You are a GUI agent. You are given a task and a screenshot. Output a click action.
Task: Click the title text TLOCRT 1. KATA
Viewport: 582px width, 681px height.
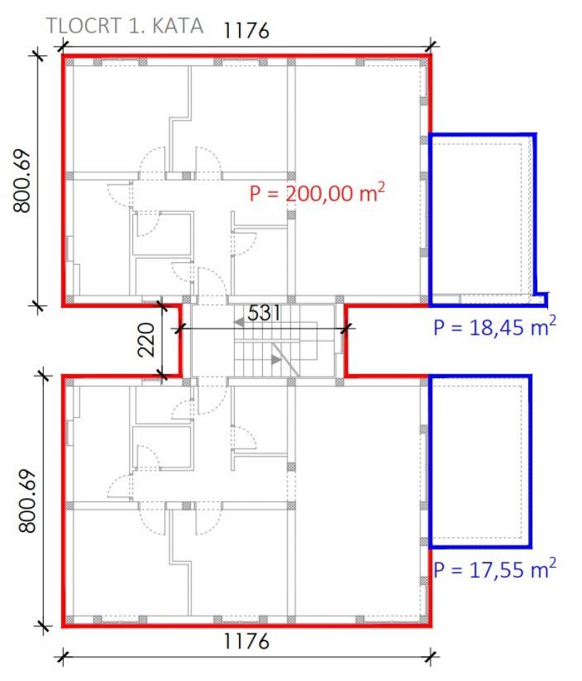point(125,26)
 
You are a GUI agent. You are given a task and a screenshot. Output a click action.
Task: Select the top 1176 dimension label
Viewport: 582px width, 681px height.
point(246,31)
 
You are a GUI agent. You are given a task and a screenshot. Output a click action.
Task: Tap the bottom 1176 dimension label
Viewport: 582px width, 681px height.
point(246,641)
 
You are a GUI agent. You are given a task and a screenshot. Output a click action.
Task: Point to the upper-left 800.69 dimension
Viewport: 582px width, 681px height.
point(23,181)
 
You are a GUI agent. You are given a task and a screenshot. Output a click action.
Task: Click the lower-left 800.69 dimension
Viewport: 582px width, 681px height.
point(28,501)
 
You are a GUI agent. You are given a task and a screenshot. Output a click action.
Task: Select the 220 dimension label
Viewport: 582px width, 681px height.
point(146,340)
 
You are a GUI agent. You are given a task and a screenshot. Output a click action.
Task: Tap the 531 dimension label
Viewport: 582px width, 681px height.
point(264,313)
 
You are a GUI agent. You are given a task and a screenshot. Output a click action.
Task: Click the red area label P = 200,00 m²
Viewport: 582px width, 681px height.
point(318,192)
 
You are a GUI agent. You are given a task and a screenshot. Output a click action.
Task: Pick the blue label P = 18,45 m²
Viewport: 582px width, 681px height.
point(495,326)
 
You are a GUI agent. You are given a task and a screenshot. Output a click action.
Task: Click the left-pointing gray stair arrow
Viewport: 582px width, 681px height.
point(238,323)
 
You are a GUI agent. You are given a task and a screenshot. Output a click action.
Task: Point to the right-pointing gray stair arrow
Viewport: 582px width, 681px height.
point(276,360)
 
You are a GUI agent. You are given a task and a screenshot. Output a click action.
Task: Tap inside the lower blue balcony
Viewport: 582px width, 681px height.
point(480,461)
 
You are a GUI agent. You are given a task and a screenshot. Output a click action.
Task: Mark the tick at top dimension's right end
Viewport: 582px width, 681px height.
point(431,45)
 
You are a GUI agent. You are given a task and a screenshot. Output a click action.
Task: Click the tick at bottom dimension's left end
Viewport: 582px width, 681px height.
point(63,657)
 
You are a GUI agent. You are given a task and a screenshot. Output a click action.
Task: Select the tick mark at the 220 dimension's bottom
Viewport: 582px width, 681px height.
point(162,375)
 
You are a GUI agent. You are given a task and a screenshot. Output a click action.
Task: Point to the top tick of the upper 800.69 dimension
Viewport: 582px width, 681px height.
point(38,55)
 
